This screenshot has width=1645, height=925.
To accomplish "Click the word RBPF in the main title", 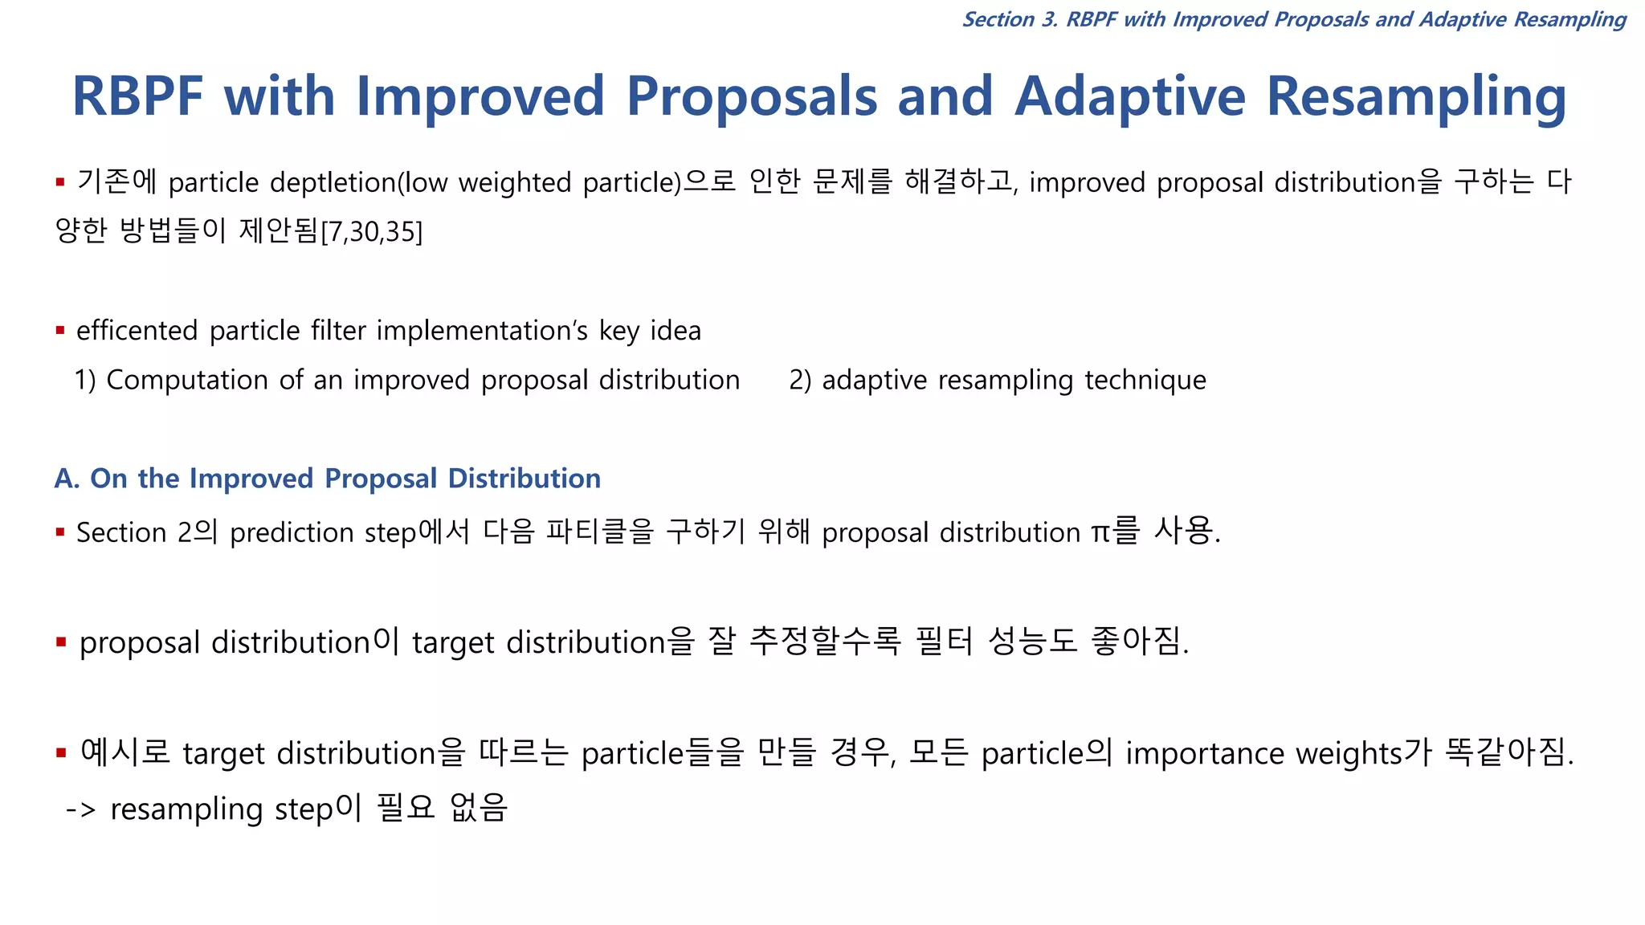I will pyautogui.click(x=138, y=96).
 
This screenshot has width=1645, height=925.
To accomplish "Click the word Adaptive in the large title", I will pyautogui.click(x=1130, y=96).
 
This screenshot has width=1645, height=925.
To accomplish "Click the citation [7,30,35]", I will pyautogui.click(x=372, y=232).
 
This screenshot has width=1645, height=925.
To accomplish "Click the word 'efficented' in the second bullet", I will pyautogui.click(x=137, y=331).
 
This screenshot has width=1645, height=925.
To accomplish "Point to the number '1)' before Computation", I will pyautogui.click(x=85, y=380).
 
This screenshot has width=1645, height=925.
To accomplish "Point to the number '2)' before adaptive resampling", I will pyautogui.click(x=800, y=380).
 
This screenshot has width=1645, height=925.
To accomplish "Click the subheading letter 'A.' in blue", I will pyautogui.click(x=67, y=479).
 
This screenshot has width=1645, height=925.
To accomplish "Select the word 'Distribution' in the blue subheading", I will pyautogui.click(x=524, y=479).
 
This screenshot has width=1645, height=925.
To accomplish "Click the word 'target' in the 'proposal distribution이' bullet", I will pyautogui.click(x=452, y=643).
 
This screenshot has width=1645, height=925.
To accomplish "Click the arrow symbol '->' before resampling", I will pyautogui.click(x=81, y=809).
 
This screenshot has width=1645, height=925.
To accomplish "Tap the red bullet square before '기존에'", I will pyautogui.click(x=60, y=183).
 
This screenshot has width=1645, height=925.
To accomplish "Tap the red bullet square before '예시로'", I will pyautogui.click(x=61, y=753).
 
